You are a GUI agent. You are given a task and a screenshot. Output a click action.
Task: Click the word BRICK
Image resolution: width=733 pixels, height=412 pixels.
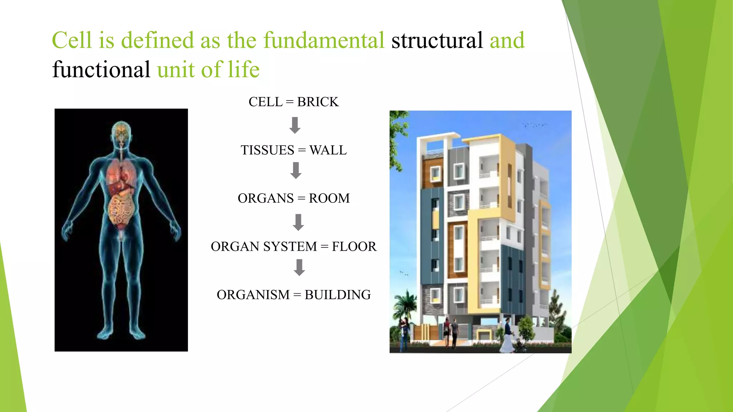coord(317,102)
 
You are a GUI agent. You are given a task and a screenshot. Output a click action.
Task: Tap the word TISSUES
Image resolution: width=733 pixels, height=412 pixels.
coord(267,150)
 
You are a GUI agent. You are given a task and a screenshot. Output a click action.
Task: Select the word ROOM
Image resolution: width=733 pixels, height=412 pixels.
coord(329,198)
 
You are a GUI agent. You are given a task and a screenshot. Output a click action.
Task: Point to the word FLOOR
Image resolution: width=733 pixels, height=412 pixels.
coord(354,247)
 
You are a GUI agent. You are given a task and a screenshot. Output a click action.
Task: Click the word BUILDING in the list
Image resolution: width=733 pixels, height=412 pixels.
coord(338,295)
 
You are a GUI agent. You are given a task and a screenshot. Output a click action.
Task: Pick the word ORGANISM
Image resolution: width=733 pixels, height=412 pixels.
coord(253,295)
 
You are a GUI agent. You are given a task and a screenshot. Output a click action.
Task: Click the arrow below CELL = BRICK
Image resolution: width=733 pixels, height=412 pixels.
coord(295,126)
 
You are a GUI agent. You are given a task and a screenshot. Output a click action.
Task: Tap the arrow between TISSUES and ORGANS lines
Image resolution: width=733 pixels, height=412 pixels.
coord(296,171)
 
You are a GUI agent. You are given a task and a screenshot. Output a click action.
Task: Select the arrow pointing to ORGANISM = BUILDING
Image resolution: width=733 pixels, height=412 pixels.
coord(299,268)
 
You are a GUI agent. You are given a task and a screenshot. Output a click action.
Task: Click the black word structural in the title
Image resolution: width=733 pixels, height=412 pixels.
coord(437,40)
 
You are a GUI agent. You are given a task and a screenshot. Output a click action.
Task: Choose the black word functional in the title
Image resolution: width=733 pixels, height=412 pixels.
coord(101,69)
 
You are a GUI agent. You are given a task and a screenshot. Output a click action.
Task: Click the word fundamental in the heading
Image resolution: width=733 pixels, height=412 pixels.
coord(324,40)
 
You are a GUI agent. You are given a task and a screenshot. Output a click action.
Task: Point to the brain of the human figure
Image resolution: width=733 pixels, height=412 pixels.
coord(121,131)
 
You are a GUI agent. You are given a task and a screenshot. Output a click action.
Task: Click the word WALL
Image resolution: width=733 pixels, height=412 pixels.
coord(328,150)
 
